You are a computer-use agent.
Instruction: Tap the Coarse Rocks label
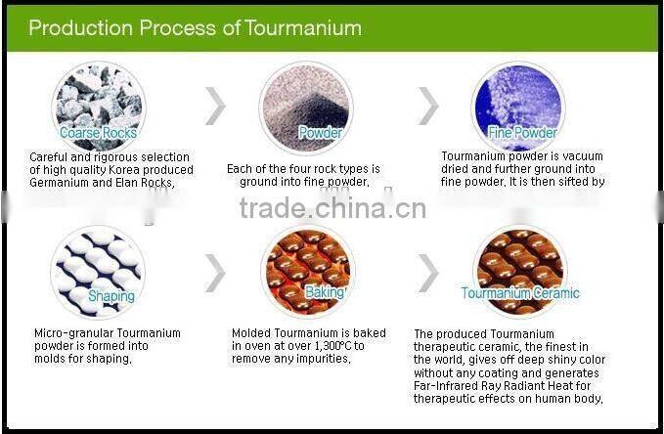98,133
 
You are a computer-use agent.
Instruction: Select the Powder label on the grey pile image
320,133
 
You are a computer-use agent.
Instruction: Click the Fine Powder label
522,133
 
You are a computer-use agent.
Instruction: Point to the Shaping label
111,296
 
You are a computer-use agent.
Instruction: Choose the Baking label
324,292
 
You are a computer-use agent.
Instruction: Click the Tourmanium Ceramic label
520,293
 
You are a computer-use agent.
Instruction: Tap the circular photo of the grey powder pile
305,103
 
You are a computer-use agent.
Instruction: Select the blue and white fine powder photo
518,102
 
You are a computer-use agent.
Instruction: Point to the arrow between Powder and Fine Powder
428,106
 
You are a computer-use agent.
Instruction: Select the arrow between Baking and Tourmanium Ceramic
428,272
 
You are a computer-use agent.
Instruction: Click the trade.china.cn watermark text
332,208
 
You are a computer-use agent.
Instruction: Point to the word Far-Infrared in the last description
448,385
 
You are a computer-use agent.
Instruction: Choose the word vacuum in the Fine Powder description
585,156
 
